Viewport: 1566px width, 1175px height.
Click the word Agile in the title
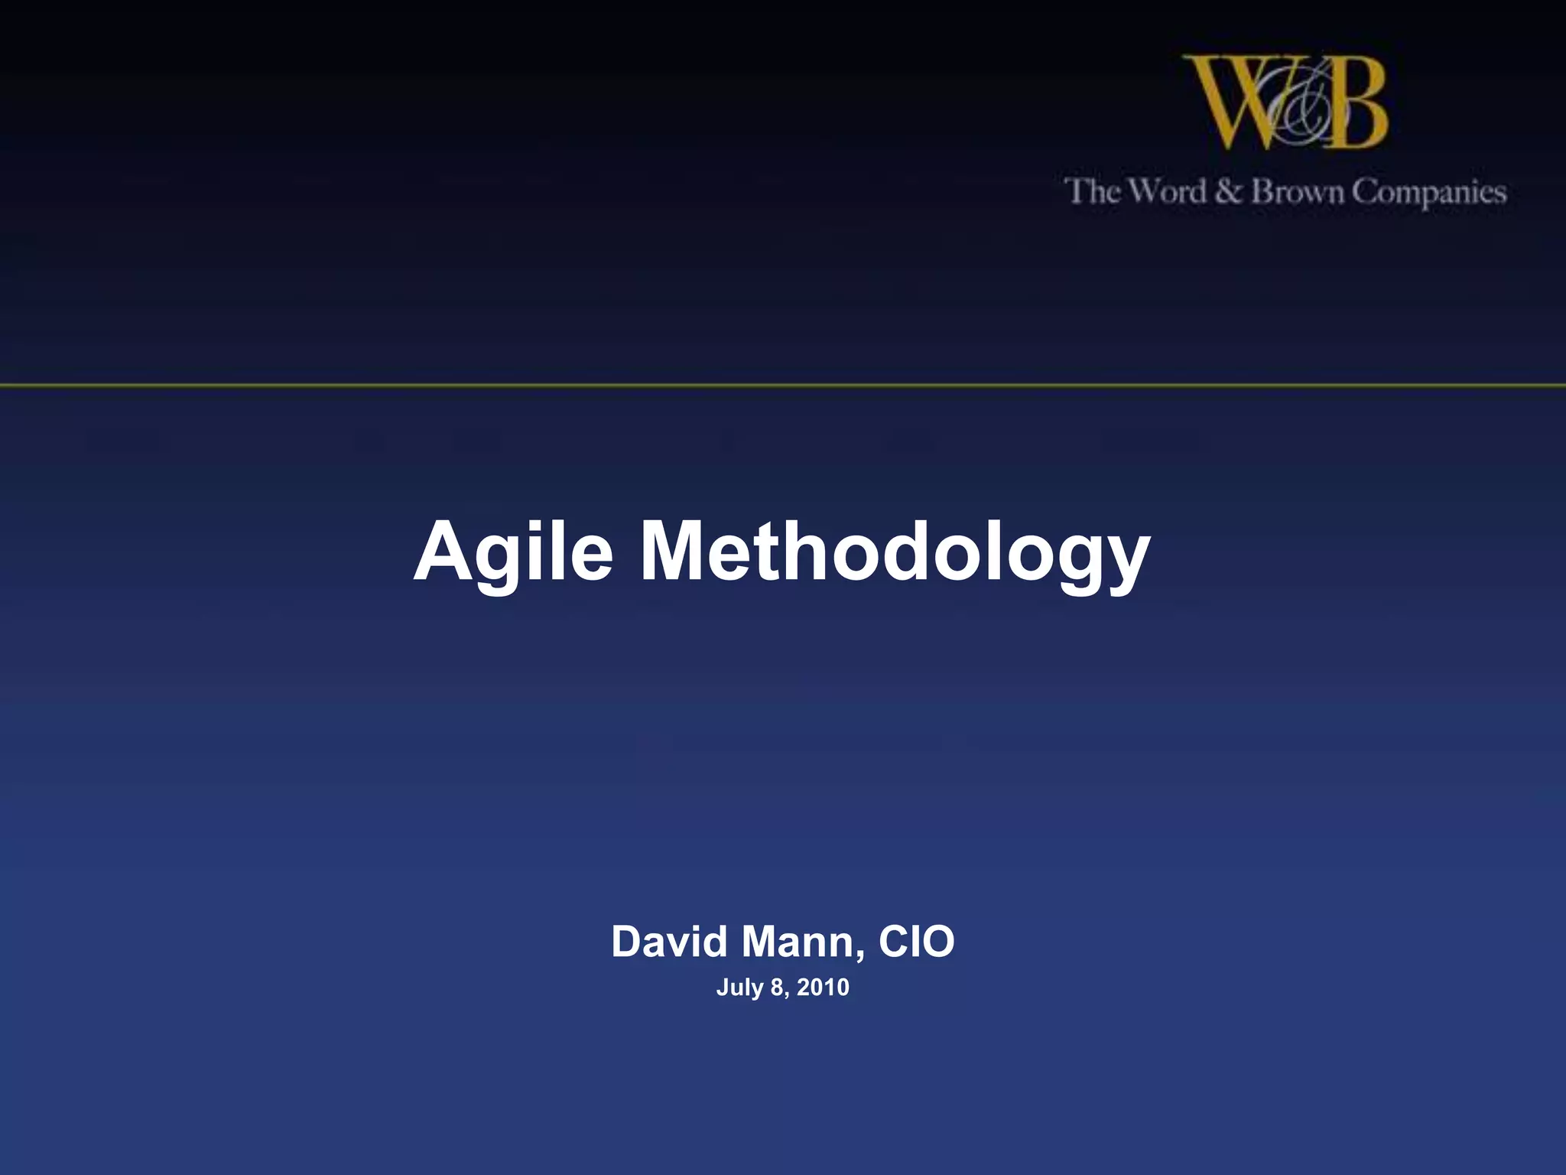click(513, 552)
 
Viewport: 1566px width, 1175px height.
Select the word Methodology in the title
click(895, 552)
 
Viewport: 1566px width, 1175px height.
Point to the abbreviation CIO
click(916, 942)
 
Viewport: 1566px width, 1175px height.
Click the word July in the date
click(739, 988)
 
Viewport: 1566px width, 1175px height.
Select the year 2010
click(823, 988)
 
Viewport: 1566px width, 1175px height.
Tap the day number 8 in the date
click(778, 988)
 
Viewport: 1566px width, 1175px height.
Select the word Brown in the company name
click(1297, 191)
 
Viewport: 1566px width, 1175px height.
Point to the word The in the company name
click(1093, 191)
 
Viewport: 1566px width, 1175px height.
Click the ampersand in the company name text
click(1228, 191)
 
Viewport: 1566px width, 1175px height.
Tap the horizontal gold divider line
click(783, 386)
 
